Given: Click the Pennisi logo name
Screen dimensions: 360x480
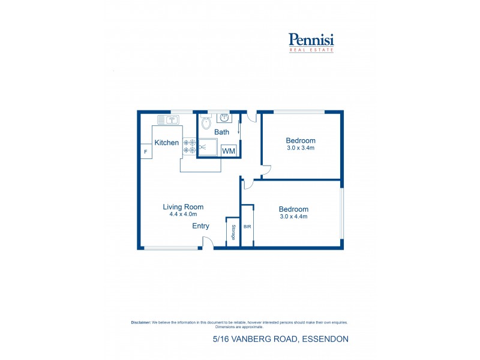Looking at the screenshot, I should tap(312, 40).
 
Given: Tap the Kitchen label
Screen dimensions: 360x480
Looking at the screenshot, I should tap(166, 143).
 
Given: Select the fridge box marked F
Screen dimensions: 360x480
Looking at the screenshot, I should tap(145, 152).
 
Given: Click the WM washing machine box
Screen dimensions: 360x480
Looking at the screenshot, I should tap(229, 151).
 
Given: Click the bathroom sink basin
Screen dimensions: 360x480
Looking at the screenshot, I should tap(224, 118).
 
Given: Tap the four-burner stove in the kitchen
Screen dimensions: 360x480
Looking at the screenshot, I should tap(190, 146).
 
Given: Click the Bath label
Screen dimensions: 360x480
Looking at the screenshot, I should tap(222, 132).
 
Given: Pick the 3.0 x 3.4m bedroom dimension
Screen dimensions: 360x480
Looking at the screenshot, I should tap(301, 148).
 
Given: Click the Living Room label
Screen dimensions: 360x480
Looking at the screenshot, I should tap(180, 207).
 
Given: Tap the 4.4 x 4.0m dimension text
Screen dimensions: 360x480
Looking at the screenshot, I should tap(180, 214).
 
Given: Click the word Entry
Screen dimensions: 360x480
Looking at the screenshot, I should tap(200, 226).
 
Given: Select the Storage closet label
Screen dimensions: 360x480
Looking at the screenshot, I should tap(233, 232).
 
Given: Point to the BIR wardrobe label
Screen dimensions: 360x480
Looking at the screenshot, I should tap(247, 227).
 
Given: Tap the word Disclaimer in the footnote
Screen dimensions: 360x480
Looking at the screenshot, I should tap(140, 322).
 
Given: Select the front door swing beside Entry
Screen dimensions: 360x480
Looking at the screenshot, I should tap(208, 242).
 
